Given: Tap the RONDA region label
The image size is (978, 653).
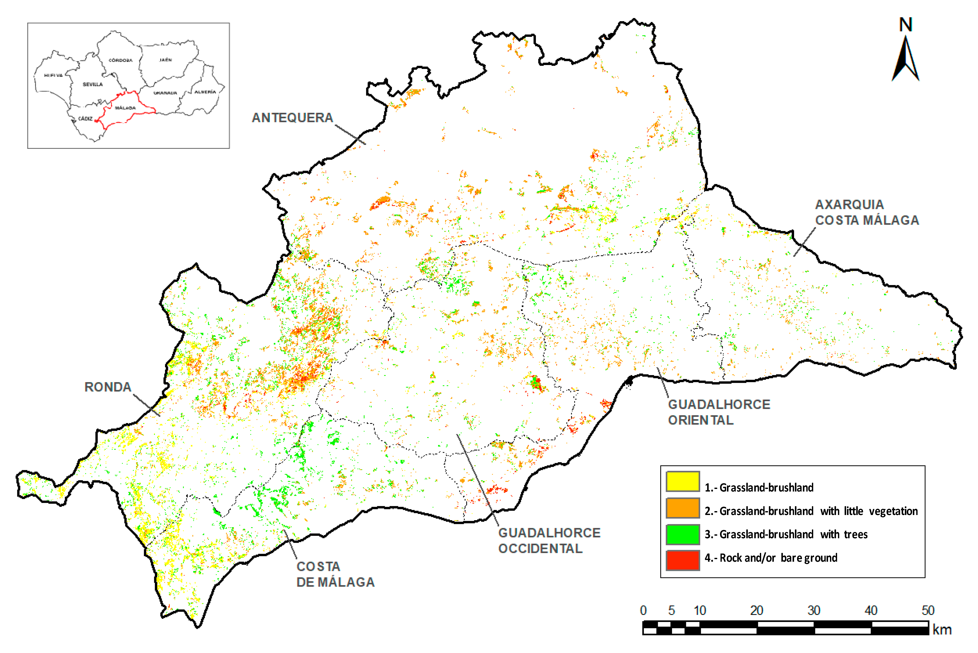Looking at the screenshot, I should [x=108, y=387].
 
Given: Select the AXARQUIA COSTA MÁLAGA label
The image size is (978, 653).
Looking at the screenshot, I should [x=867, y=212].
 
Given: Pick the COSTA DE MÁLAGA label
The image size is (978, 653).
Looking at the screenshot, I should [x=335, y=574].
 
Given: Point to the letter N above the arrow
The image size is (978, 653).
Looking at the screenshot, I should [x=905, y=25].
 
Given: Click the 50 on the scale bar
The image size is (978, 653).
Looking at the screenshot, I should [x=928, y=611].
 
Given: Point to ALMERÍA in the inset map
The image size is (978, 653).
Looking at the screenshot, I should [x=205, y=92].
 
